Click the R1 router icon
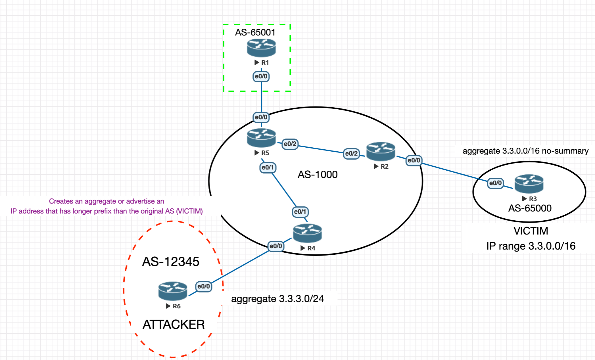pyautogui.click(x=261, y=48)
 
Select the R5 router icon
pyautogui.click(x=261, y=138)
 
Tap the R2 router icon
pyautogui.click(x=381, y=151)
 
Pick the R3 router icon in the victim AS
pyautogui.click(x=529, y=184)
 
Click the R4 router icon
pyautogui.click(x=307, y=233)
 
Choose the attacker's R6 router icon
pyautogui.click(x=172, y=291)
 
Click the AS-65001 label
pyautogui.click(x=255, y=32)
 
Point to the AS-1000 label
pyautogui.click(x=318, y=174)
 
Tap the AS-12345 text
pyautogui.click(x=170, y=262)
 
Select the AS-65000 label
pyautogui.click(x=530, y=208)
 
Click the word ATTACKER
pyautogui.click(x=173, y=324)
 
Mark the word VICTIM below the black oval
pyautogui.click(x=531, y=231)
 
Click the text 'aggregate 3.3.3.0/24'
pyautogui.click(x=277, y=299)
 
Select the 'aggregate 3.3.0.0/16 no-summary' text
pyautogui.click(x=525, y=151)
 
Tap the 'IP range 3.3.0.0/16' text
pyautogui.click(x=531, y=246)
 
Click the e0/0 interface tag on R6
pyautogui.click(x=203, y=286)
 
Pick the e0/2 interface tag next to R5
pyautogui.click(x=290, y=144)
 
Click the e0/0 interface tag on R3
pyautogui.click(x=495, y=183)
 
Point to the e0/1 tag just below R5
pyautogui.click(x=267, y=167)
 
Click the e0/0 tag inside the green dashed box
pyautogui.click(x=261, y=76)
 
